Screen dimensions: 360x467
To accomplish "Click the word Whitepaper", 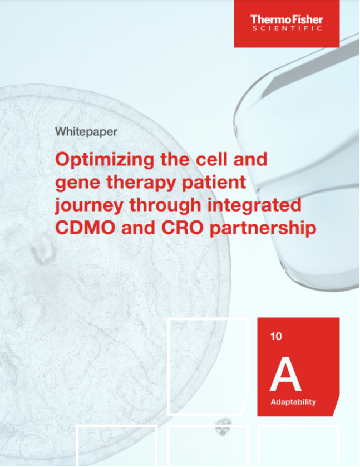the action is (86, 132).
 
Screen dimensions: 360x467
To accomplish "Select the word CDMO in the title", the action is (85, 228).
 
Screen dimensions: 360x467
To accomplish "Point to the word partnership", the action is (263, 229).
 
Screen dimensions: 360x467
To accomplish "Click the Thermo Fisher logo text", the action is (287, 19).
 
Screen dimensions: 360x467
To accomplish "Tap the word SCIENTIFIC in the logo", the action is (287, 28).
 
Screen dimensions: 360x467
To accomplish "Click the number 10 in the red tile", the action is (276, 336).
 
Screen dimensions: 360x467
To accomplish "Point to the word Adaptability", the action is (293, 402).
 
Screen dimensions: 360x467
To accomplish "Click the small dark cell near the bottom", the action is (223, 427).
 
